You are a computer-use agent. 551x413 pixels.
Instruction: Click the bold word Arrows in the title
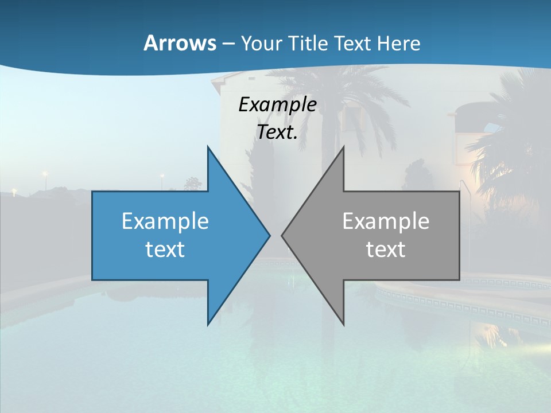point(180,43)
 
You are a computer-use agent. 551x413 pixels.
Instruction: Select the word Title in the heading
point(309,43)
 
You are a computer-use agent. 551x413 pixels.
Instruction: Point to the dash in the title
point(228,44)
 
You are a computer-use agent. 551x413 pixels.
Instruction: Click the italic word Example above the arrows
point(277,104)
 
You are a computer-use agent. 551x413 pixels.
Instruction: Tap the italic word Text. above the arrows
point(277,133)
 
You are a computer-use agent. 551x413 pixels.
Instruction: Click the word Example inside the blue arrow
point(165,221)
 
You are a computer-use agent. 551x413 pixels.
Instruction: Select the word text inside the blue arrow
point(165,249)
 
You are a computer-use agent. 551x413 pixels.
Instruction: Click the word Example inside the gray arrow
point(386,221)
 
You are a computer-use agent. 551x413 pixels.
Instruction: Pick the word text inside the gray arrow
point(386,249)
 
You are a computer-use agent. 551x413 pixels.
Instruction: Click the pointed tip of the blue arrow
point(270,235)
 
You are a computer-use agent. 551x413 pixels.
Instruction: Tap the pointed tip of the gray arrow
point(282,235)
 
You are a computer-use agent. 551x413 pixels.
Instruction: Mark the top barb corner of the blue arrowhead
point(208,147)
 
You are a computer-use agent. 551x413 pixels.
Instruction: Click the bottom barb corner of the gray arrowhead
point(344,325)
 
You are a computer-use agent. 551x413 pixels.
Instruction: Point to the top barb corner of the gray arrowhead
point(344,147)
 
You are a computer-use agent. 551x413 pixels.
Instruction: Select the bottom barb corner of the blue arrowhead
point(208,325)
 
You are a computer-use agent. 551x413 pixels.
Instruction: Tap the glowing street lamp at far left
point(44,174)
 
